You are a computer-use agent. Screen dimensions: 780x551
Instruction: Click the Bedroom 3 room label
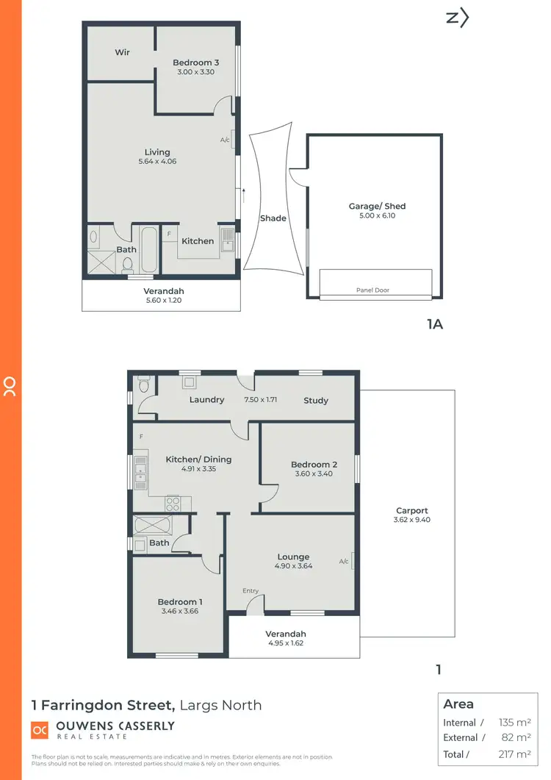click(195, 62)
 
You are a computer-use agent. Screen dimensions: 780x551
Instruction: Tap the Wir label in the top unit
click(122, 52)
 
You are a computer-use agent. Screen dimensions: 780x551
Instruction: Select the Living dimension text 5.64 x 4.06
click(156, 162)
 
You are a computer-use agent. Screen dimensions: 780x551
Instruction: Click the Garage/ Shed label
click(377, 207)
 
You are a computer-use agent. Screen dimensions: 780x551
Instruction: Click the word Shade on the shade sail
click(273, 218)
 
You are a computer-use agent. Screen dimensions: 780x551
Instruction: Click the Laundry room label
click(206, 400)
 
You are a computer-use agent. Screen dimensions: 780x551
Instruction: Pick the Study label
click(316, 401)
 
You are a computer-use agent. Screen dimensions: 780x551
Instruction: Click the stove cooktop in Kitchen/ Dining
click(173, 504)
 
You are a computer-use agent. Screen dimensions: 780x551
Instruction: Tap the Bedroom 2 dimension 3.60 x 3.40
click(314, 474)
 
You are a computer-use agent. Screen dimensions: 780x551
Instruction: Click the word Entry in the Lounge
click(251, 591)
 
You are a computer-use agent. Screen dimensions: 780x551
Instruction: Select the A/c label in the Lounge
click(343, 562)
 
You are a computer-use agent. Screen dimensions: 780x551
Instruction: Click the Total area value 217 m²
click(514, 754)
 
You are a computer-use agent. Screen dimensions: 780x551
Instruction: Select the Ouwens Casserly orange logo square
click(40, 730)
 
